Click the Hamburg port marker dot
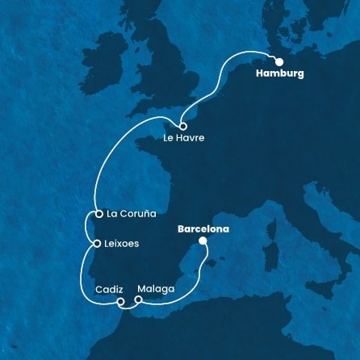click(x=278, y=61)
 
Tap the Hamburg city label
click(x=278, y=73)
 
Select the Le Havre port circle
click(x=183, y=127)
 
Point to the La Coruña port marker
click(x=98, y=215)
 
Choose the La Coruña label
click(x=131, y=215)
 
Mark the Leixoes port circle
click(x=97, y=243)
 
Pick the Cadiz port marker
click(x=120, y=303)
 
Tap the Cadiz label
click(x=109, y=288)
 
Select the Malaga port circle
click(x=138, y=300)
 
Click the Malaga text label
click(x=157, y=288)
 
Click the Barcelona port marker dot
click(x=203, y=241)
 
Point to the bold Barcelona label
click(x=203, y=228)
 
